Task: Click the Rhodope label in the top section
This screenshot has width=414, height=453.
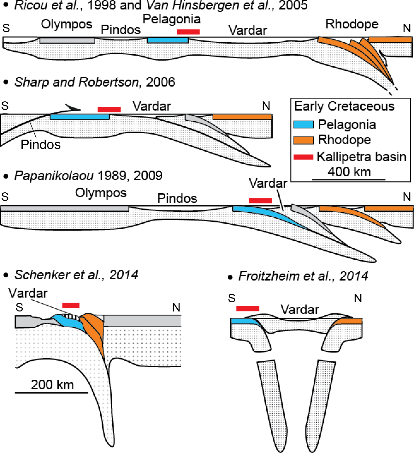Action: click(x=352, y=24)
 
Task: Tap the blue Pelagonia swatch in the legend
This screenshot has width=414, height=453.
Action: click(x=303, y=124)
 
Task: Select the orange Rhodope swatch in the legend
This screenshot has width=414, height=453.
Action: click(x=303, y=140)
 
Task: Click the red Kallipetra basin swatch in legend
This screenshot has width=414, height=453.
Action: click(x=303, y=157)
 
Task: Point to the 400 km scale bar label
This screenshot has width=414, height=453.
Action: click(x=349, y=172)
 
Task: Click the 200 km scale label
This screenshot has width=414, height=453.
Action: click(x=52, y=385)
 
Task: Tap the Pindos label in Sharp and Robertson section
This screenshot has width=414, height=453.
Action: click(x=40, y=145)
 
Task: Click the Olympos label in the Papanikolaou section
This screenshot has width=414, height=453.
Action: click(x=101, y=193)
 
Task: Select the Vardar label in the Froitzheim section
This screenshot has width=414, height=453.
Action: click(x=300, y=310)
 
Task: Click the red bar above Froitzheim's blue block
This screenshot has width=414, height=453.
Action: click(x=248, y=308)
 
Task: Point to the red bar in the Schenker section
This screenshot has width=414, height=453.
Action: click(x=71, y=305)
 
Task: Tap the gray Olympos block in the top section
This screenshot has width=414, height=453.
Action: click(x=67, y=40)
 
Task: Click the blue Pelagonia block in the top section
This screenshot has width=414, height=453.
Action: click(x=168, y=40)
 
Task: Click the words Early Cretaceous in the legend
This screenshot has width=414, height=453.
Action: click(x=344, y=106)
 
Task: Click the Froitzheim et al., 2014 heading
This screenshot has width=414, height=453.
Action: click(x=303, y=276)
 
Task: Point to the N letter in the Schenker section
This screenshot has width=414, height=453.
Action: click(x=176, y=307)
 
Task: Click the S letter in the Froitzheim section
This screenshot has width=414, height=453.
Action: click(x=232, y=298)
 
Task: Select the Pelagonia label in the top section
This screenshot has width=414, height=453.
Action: click(x=172, y=19)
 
